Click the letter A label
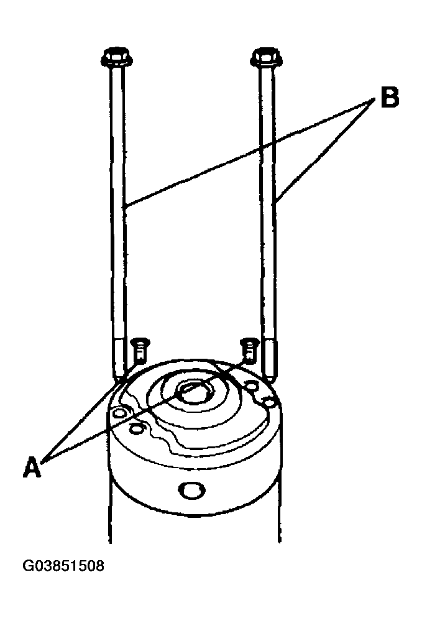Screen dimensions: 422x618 pyautogui.click(x=32, y=467)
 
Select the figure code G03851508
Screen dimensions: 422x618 pyautogui.click(x=63, y=566)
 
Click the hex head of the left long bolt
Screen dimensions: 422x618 pyautogui.click(x=117, y=58)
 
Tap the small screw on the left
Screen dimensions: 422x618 pyautogui.click(x=139, y=349)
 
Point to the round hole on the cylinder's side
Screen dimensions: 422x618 pyautogui.click(x=192, y=490)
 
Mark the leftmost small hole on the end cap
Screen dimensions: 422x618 pyautogui.click(x=119, y=413)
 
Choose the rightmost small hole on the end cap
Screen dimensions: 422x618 pyautogui.click(x=270, y=402)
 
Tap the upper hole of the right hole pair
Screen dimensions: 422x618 pyautogui.click(x=251, y=385)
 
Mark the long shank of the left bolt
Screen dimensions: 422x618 pyautogui.click(x=118, y=201)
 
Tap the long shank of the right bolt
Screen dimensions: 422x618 pyautogui.click(x=267, y=201)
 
